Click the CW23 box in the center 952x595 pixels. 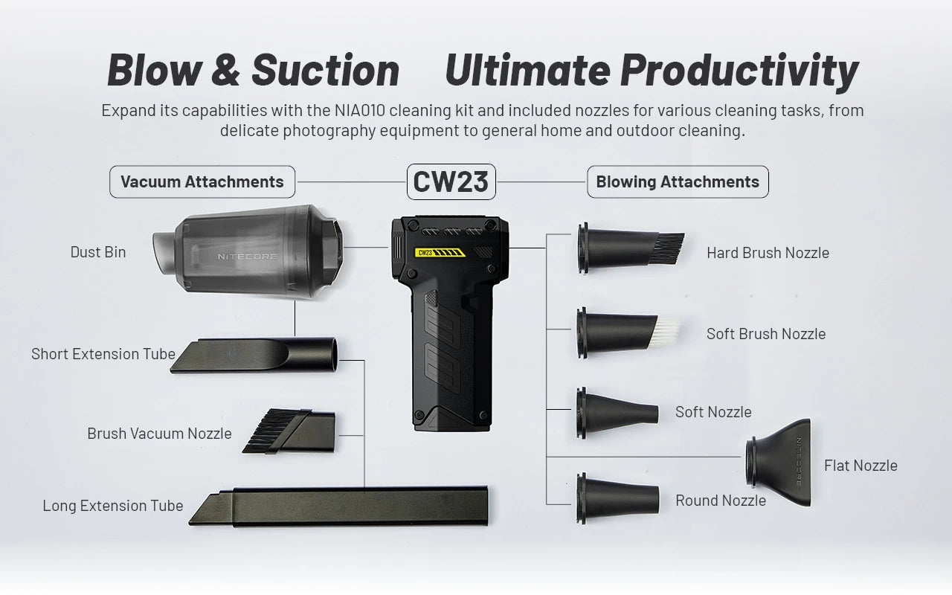pyautogui.click(x=451, y=182)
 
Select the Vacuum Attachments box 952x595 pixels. pyautogui.click(x=202, y=182)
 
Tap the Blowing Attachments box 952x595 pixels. pyautogui.click(x=678, y=182)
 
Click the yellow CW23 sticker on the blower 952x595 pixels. pyautogui.click(x=440, y=253)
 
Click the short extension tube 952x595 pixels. pyautogui.click(x=254, y=356)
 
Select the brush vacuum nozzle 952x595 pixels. pyautogui.click(x=289, y=431)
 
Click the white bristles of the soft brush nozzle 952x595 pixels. pyautogui.click(x=665, y=331)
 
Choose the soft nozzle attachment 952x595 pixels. pyautogui.click(x=617, y=413)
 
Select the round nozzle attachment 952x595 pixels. pyautogui.click(x=618, y=498)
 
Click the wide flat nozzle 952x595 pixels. pyautogui.click(x=779, y=463)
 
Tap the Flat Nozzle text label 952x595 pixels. pyautogui.click(x=861, y=466)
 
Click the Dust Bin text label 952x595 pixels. pyautogui.click(x=98, y=252)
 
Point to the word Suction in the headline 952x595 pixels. pyautogui.click(x=326, y=70)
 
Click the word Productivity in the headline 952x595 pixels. pyautogui.click(x=739, y=71)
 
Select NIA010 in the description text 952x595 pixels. pyautogui.click(x=360, y=111)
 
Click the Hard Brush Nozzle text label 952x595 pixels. pyautogui.click(x=768, y=253)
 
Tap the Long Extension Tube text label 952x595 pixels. pyautogui.click(x=113, y=506)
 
